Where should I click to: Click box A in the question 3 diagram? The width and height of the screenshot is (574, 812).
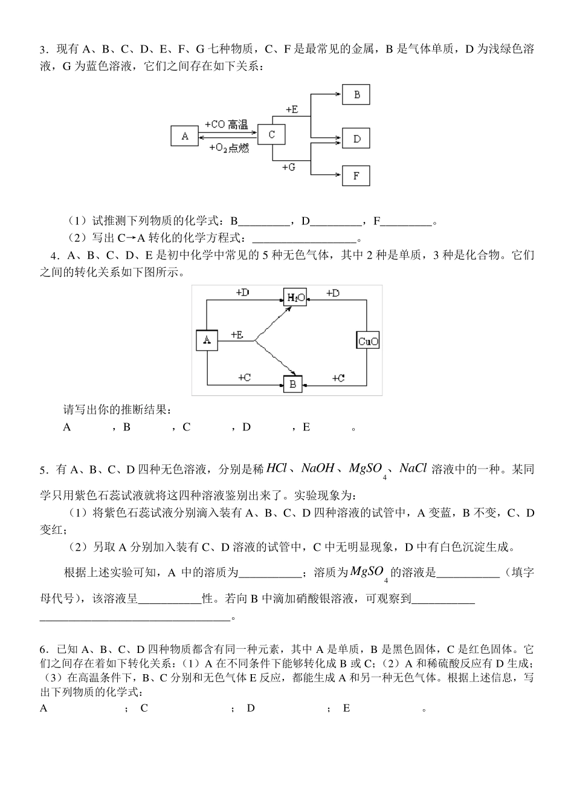tap(185, 136)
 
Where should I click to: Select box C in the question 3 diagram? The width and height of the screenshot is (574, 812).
tap(271, 134)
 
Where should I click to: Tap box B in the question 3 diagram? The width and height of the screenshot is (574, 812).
tap(356, 95)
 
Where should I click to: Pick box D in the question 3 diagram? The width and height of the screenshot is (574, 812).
tap(356, 138)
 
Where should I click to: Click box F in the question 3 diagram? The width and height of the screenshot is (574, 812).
tap(356, 176)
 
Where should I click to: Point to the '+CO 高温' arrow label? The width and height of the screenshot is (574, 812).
tap(226, 125)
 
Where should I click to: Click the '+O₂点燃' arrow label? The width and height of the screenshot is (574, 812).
tap(228, 148)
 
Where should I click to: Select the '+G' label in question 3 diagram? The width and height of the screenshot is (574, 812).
tap(288, 167)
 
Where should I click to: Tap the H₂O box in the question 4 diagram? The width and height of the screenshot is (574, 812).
tap(295, 297)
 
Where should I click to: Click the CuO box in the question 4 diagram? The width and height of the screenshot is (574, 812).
tap(368, 341)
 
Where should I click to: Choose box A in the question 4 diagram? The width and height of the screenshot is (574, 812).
tap(207, 340)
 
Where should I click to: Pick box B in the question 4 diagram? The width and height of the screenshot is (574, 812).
tap(292, 384)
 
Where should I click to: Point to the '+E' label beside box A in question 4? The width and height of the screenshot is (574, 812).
tap(237, 334)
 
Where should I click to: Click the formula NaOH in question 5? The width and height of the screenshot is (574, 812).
tap(317, 468)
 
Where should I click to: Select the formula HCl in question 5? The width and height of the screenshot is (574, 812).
tap(277, 468)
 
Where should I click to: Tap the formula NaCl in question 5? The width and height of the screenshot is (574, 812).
tap(413, 468)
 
